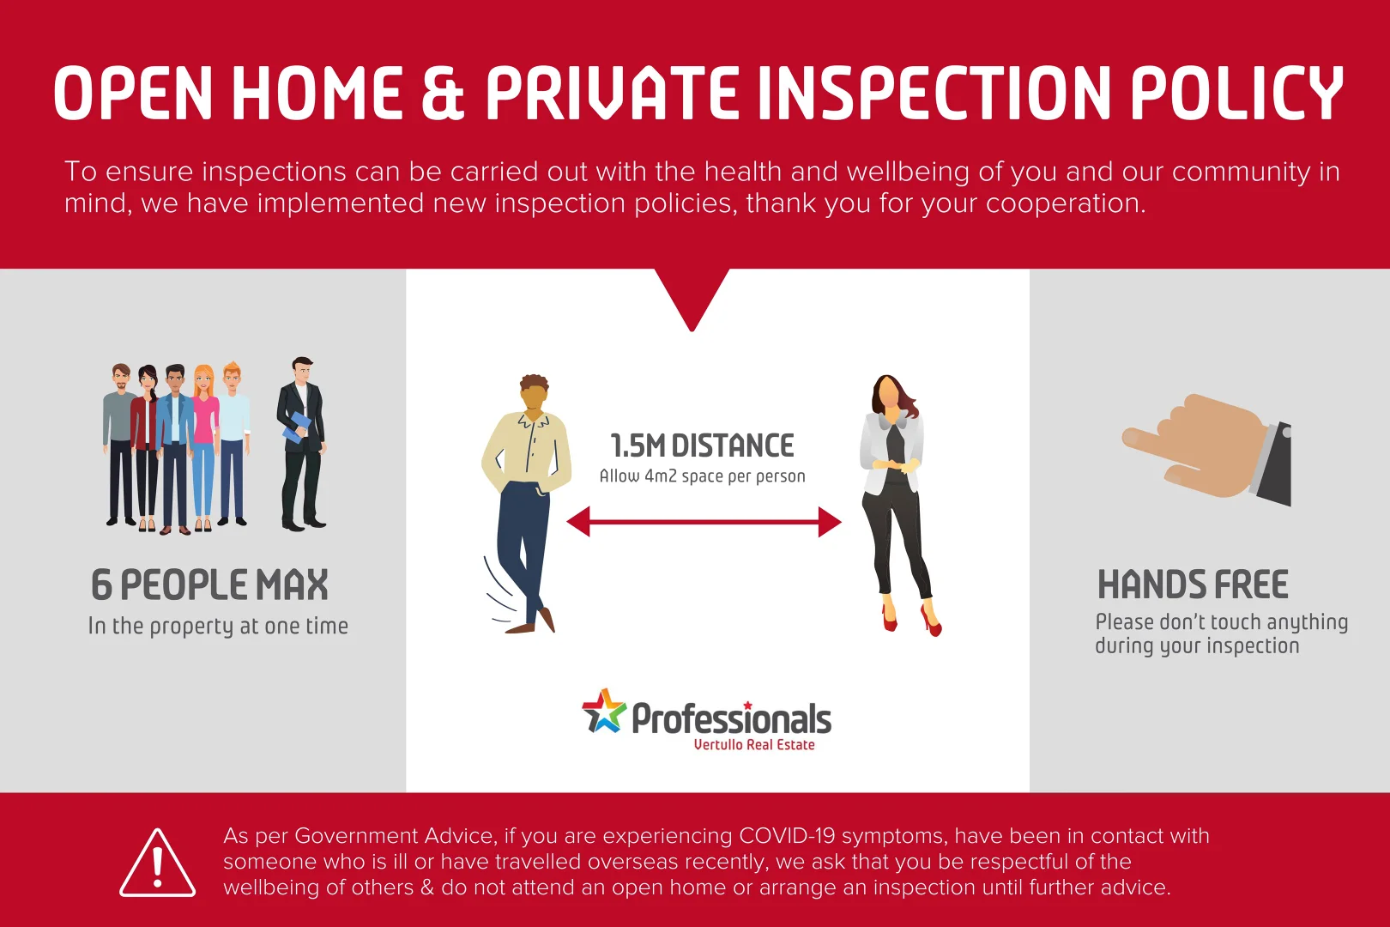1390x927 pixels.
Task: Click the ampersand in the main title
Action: (443, 93)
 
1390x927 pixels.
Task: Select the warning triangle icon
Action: (158, 863)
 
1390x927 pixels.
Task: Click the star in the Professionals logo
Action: (604, 711)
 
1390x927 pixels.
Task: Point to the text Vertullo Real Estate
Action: (754, 744)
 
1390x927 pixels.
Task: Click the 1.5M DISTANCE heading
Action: (702, 445)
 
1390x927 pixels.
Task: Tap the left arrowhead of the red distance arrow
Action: (578, 522)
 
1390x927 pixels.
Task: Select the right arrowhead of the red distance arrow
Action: (830, 522)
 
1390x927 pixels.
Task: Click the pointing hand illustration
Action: (1207, 450)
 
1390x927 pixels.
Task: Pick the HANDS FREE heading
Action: (1193, 585)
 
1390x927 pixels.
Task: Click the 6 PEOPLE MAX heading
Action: (209, 585)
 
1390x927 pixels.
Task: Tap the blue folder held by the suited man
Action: (296, 427)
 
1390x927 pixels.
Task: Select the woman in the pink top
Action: (204, 447)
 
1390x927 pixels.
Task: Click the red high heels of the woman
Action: (912, 620)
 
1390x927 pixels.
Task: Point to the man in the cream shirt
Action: (527, 504)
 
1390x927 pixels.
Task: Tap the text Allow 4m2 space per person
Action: (703, 476)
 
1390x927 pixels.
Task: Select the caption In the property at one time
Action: (218, 626)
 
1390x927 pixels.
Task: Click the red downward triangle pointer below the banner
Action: (692, 298)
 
